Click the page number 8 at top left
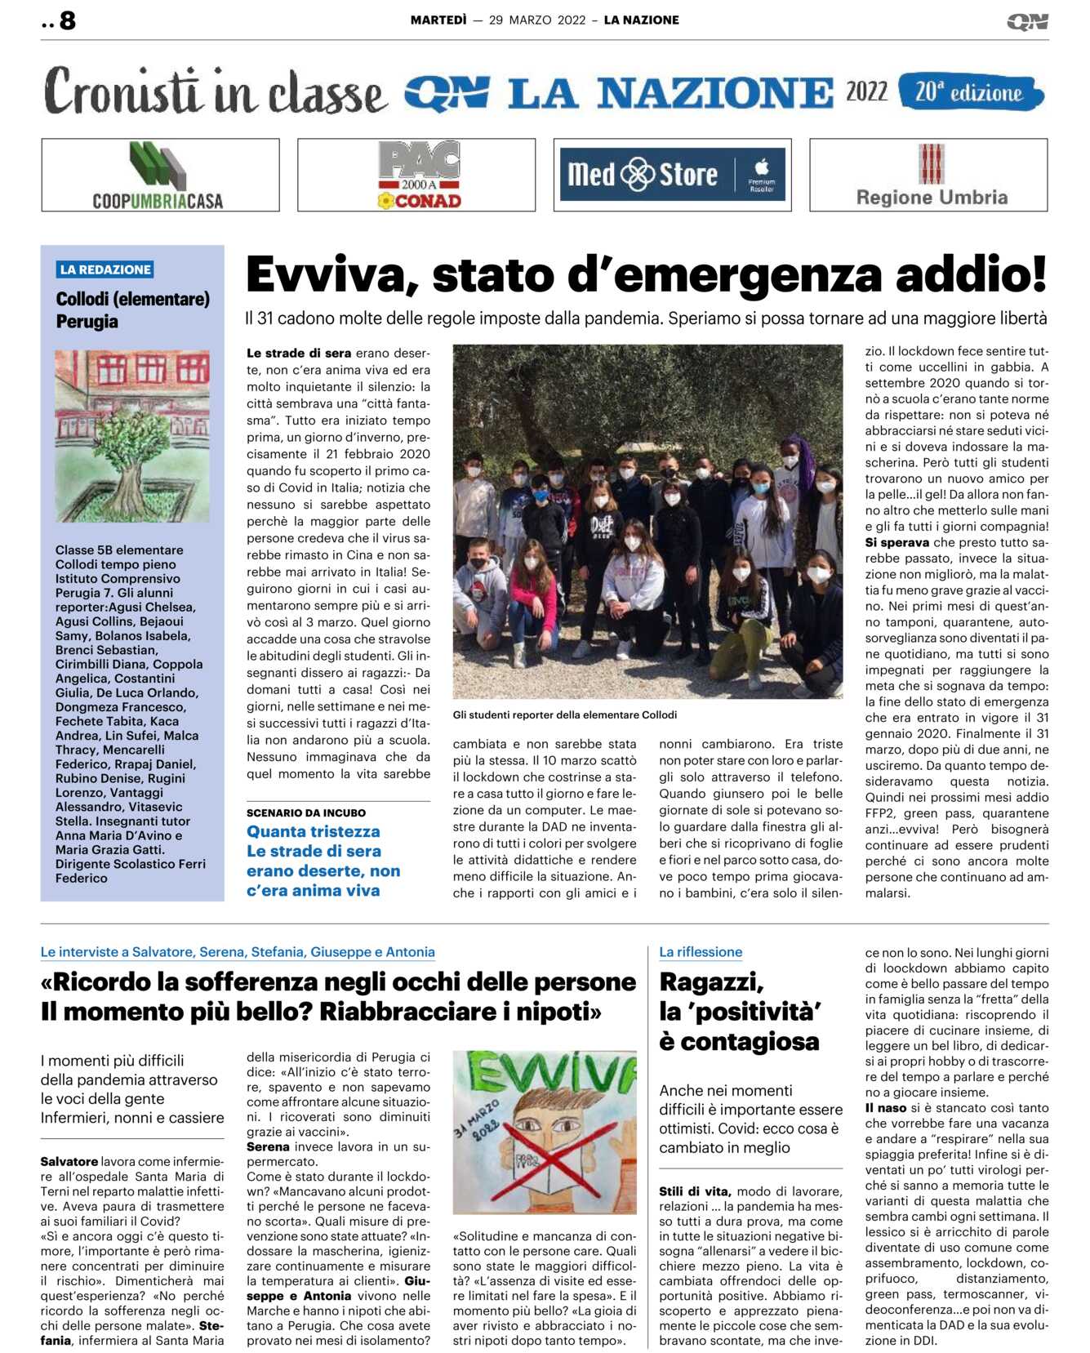[67, 20]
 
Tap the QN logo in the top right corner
[1027, 21]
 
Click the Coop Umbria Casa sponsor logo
[160, 176]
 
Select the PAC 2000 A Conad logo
[416, 176]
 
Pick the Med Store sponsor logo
[672, 175]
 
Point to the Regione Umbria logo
[929, 176]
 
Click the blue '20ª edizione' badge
[970, 92]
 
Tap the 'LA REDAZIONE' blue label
[105, 269]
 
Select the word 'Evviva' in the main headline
[327, 275]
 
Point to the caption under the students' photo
[564, 715]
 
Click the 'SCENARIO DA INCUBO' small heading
[306, 812]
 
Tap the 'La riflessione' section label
[701, 952]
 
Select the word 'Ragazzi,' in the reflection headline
[711, 981]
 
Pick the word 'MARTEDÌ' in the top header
[438, 20]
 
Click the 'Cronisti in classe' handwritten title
[214, 92]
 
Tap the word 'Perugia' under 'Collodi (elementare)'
[87, 322]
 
